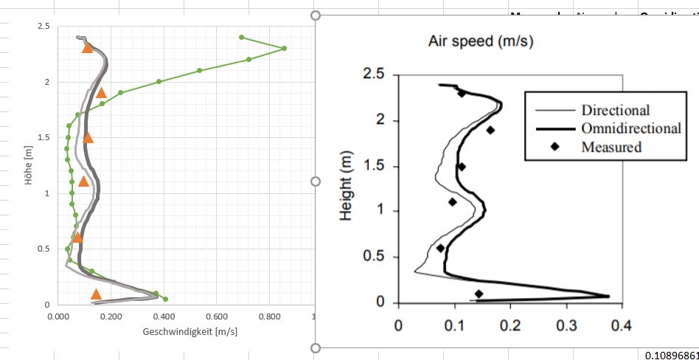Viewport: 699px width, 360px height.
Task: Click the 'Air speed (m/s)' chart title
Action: (480, 41)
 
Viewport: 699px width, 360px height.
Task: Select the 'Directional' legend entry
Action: (615, 111)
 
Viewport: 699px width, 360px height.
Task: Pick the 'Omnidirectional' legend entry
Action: (630, 128)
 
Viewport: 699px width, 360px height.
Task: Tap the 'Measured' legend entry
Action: (611, 147)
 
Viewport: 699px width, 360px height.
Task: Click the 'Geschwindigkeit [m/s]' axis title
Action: (190, 332)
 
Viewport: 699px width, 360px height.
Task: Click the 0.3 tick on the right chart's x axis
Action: (566, 325)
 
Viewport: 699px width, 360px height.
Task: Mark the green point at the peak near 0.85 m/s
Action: (285, 49)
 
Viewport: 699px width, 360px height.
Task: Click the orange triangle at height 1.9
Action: (102, 93)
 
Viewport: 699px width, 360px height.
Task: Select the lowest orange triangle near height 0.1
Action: (96, 294)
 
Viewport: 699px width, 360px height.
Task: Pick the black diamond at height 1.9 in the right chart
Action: (490, 130)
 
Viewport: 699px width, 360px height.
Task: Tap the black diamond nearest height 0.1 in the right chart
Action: (479, 294)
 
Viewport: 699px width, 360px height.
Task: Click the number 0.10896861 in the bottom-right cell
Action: (671, 355)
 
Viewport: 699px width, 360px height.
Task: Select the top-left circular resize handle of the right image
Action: (316, 15)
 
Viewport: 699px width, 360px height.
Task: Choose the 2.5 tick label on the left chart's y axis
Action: (43, 27)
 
